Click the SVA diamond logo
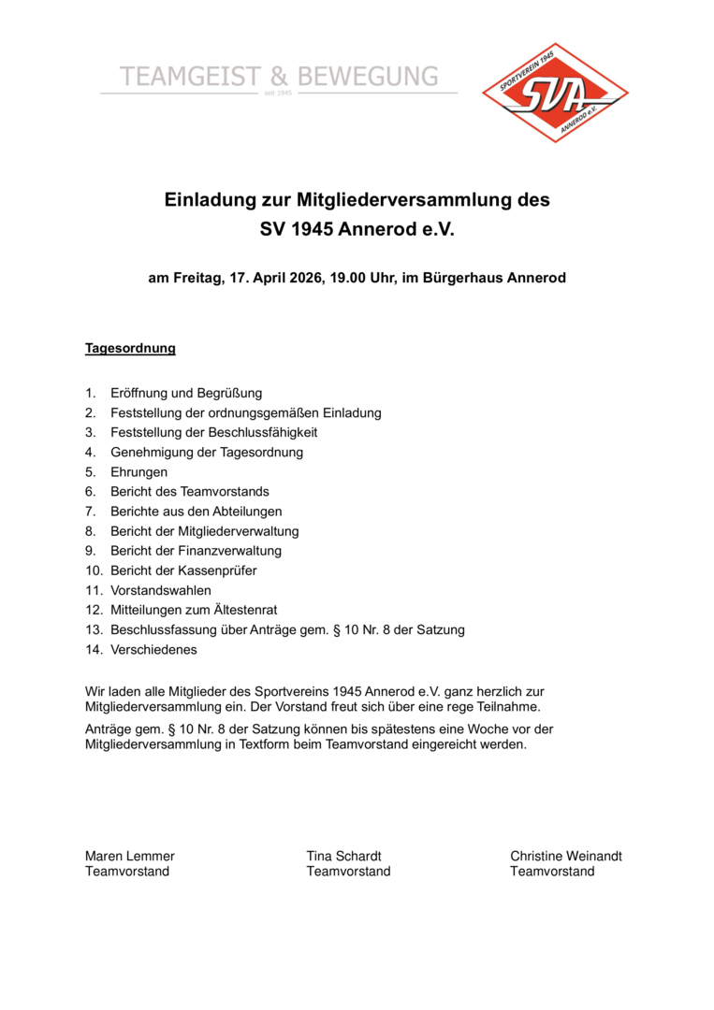point(555,92)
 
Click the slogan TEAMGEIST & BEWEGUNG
point(279,77)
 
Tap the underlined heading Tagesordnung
point(130,349)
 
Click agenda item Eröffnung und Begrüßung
point(186,393)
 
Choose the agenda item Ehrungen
point(139,472)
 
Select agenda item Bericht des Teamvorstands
point(190,492)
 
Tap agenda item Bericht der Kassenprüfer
point(183,570)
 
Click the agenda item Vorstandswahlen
point(161,590)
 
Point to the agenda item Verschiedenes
point(153,649)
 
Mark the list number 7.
point(90,512)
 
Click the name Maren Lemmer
point(130,856)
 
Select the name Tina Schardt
point(343,856)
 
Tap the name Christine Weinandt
point(565,856)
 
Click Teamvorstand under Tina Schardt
point(348,872)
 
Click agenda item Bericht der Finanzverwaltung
point(196,551)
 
